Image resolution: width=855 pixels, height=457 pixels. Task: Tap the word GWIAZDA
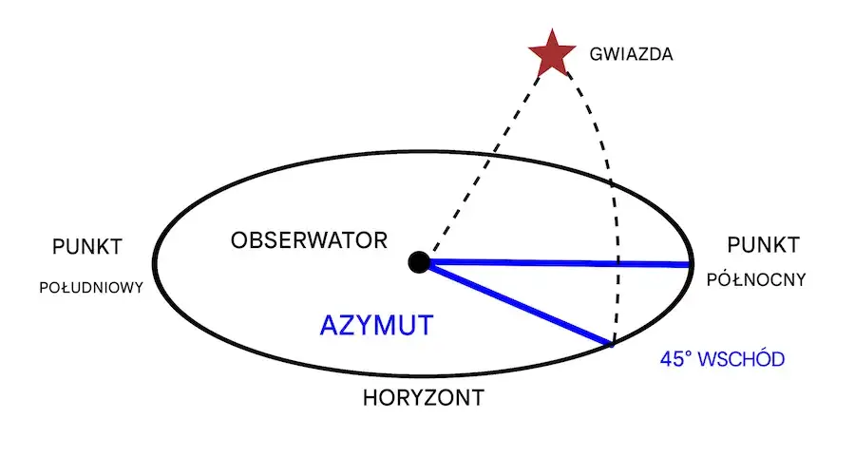(631, 54)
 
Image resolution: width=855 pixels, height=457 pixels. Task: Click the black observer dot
(418, 262)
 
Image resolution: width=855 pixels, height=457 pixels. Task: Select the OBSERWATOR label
(309, 239)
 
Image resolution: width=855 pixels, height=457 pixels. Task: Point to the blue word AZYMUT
(376, 325)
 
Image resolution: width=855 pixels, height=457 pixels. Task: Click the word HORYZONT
(423, 397)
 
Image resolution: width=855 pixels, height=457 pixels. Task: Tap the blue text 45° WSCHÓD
(722, 360)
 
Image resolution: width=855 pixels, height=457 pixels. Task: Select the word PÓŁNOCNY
(757, 279)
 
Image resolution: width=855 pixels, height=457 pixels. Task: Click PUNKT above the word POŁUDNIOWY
(87, 247)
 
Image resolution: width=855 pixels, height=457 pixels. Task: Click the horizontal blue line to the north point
(560, 263)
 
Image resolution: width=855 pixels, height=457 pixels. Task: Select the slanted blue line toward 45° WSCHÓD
(518, 303)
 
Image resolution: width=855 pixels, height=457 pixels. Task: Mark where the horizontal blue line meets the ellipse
(691, 264)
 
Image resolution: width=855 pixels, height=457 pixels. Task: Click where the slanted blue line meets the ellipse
(613, 343)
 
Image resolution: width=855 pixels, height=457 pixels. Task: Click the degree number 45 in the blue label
(672, 360)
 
